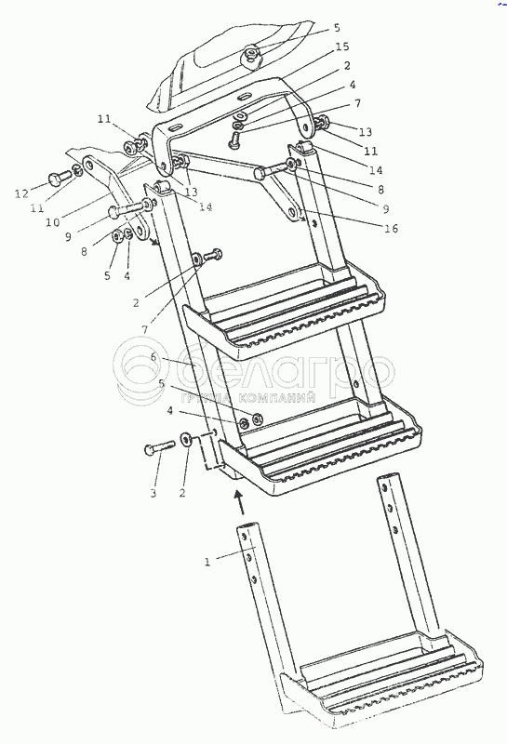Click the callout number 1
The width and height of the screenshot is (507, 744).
(x=207, y=563)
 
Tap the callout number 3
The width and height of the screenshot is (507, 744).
(x=153, y=494)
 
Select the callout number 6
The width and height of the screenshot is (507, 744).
(x=153, y=356)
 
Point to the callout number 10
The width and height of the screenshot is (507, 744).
(x=53, y=221)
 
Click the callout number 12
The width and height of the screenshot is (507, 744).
(x=21, y=193)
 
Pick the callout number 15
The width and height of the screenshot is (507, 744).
(x=341, y=46)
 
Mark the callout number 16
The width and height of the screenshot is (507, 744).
(x=391, y=228)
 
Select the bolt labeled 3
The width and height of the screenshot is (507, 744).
(x=159, y=447)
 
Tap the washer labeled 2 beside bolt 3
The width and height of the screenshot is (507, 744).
(x=186, y=439)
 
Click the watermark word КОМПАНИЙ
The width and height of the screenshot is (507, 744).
(x=277, y=398)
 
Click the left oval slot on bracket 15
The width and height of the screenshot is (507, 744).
(x=175, y=128)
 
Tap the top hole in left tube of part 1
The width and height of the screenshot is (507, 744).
(x=244, y=536)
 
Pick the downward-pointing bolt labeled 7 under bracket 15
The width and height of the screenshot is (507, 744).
(x=233, y=139)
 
